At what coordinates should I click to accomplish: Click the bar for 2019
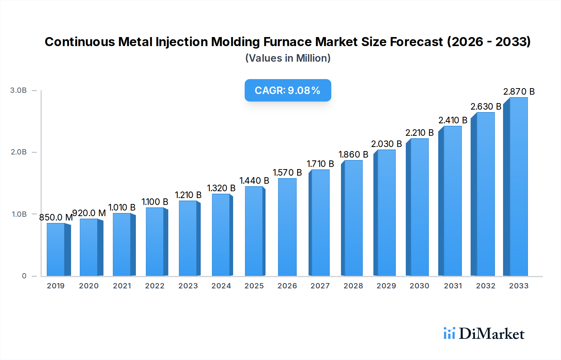[x=56, y=249]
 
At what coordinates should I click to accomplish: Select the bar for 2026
[x=287, y=227]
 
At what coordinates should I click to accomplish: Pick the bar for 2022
[x=155, y=242]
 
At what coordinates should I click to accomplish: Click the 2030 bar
[x=419, y=207]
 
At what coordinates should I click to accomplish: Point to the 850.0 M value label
[x=56, y=217]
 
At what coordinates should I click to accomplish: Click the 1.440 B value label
[x=254, y=181]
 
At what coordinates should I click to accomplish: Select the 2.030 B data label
[x=386, y=144]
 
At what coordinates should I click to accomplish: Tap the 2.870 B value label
[x=519, y=92]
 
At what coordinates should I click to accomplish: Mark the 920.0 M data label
[x=89, y=213]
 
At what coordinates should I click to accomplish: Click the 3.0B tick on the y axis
[x=18, y=90]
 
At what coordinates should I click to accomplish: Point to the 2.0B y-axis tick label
[x=19, y=152]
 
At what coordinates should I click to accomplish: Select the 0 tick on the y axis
[x=24, y=276]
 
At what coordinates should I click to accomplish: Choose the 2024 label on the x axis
[x=221, y=286]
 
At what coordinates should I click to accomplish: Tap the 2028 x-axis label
[x=353, y=286]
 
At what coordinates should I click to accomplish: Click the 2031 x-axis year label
[x=453, y=286]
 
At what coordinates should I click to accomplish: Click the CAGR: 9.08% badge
[x=288, y=90]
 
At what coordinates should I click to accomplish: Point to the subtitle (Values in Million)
[x=288, y=58]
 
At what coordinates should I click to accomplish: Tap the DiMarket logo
[x=484, y=334]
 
